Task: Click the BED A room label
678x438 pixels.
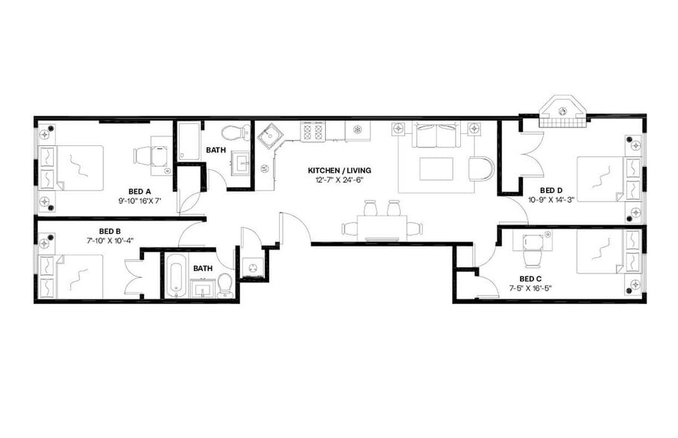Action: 139,191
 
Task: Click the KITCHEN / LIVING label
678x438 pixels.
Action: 339,171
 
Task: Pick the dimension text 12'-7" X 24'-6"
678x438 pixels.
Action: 339,180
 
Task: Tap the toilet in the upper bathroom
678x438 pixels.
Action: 239,133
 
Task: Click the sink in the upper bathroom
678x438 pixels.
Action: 241,162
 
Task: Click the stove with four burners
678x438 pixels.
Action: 313,132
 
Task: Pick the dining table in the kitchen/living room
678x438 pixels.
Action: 383,226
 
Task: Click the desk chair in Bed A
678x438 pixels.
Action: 144,156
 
